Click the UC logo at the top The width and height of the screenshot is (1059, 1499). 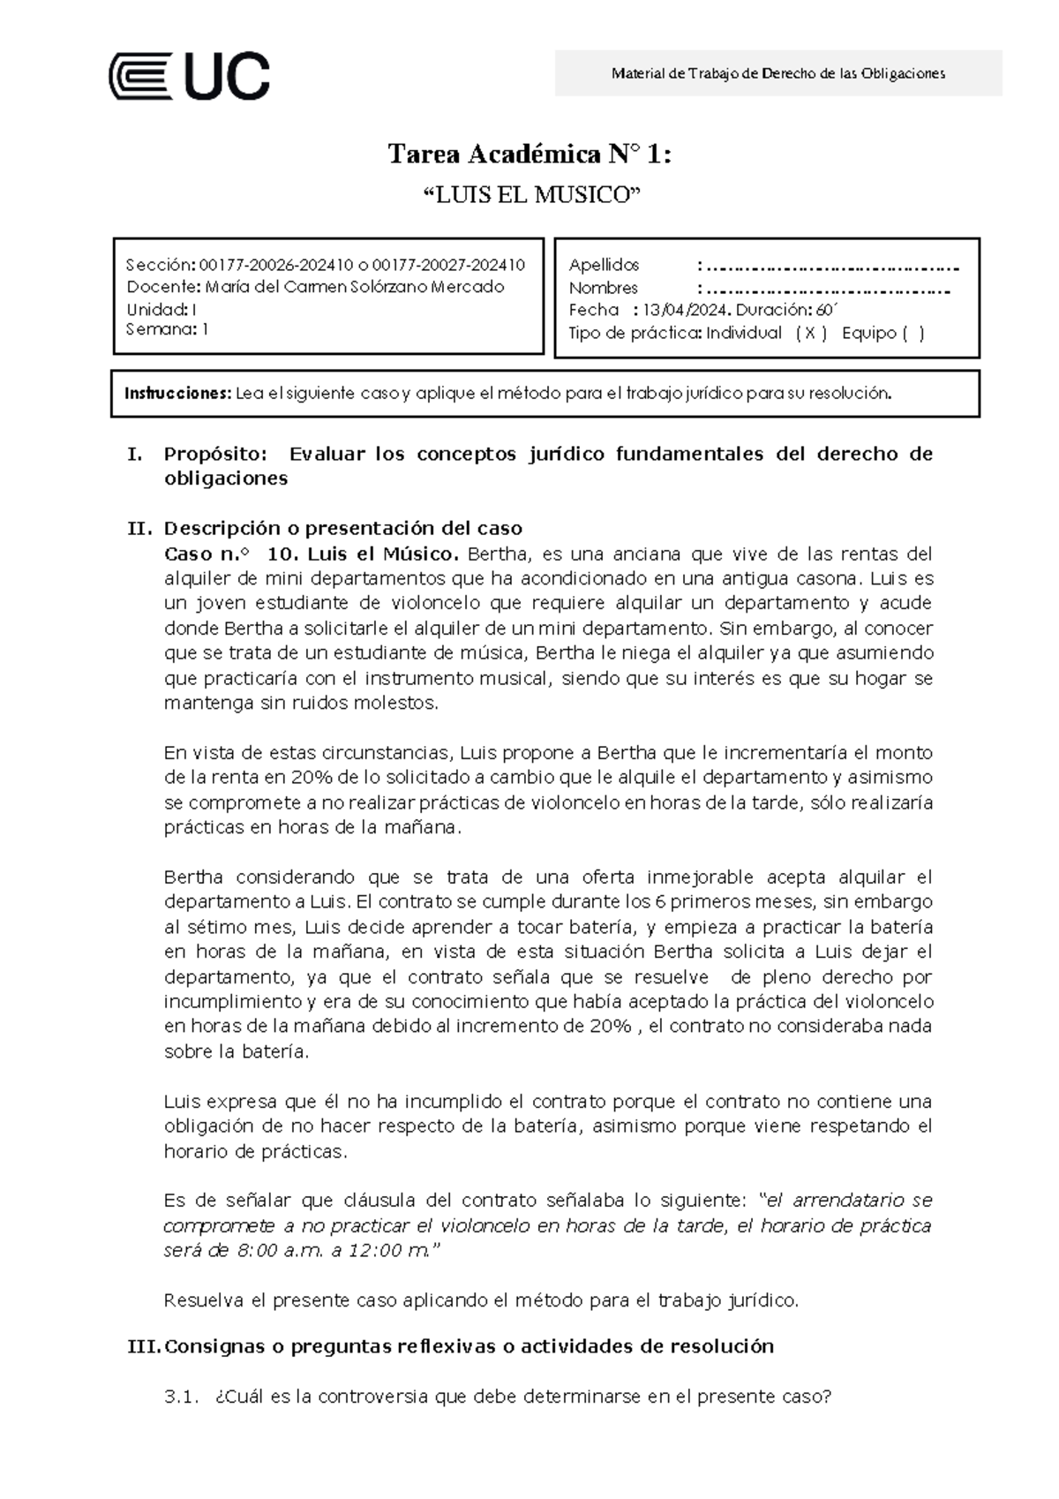pos(189,76)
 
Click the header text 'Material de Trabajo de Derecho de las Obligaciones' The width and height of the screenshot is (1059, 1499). pos(777,73)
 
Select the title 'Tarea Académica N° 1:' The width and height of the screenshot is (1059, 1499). pos(529,155)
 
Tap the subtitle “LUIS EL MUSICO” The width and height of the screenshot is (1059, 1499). pos(529,195)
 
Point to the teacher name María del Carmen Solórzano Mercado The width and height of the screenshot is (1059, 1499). pos(355,287)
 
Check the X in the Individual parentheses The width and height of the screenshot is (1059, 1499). pos(810,334)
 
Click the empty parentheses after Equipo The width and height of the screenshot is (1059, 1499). pos(913,334)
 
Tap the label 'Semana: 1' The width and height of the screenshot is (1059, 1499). pos(167,329)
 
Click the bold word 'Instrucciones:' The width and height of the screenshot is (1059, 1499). pos(177,394)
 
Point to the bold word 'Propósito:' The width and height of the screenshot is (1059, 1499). pos(214,455)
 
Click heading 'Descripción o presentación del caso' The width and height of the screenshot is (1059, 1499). pos(343,529)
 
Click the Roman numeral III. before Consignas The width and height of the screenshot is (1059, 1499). pos(144,1347)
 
